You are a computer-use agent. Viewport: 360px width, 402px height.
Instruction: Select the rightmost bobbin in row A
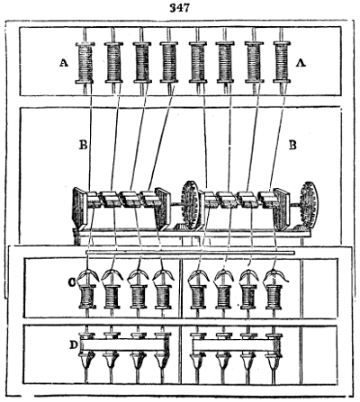tap(282, 65)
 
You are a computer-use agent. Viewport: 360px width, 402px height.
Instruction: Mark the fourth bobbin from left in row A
tap(169, 65)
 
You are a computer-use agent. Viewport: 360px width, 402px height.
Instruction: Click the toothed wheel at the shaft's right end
tap(310, 204)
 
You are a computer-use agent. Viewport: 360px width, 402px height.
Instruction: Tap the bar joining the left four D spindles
tap(124, 344)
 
